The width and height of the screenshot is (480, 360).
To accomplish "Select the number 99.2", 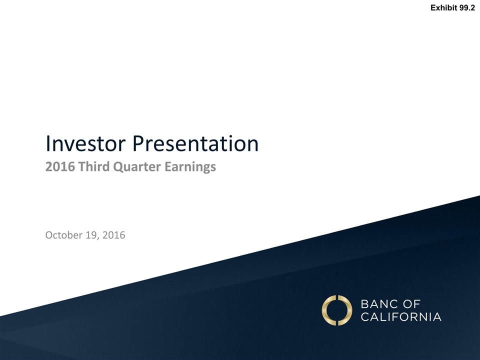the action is (x=467, y=7).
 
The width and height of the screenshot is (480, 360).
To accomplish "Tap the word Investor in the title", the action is (x=85, y=143).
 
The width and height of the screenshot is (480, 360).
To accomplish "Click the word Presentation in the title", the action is (x=195, y=143).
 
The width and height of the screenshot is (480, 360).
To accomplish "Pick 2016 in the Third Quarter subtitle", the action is (x=60, y=167).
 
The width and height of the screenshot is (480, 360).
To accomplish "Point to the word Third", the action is (x=94, y=167).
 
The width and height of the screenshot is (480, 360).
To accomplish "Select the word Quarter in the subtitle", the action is (x=137, y=167).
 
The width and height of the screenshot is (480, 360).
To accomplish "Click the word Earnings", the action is (x=190, y=167).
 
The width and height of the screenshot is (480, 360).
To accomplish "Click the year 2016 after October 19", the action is (x=114, y=235).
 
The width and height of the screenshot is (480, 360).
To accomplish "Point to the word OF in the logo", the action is (x=411, y=304).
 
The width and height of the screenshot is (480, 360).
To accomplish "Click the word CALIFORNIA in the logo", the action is (x=401, y=317).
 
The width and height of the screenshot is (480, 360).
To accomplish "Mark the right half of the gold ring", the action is (x=345, y=310).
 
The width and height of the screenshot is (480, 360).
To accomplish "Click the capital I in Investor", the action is (x=47, y=143).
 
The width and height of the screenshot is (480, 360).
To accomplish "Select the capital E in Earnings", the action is (x=168, y=167).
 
